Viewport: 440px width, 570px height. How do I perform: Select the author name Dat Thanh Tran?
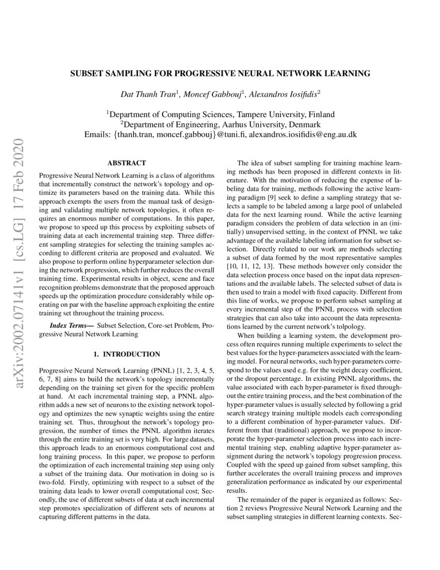148,95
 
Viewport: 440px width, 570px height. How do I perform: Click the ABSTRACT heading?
126,163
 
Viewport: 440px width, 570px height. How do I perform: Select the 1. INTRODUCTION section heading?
126,354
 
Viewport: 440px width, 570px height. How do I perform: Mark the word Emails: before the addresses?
98,135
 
